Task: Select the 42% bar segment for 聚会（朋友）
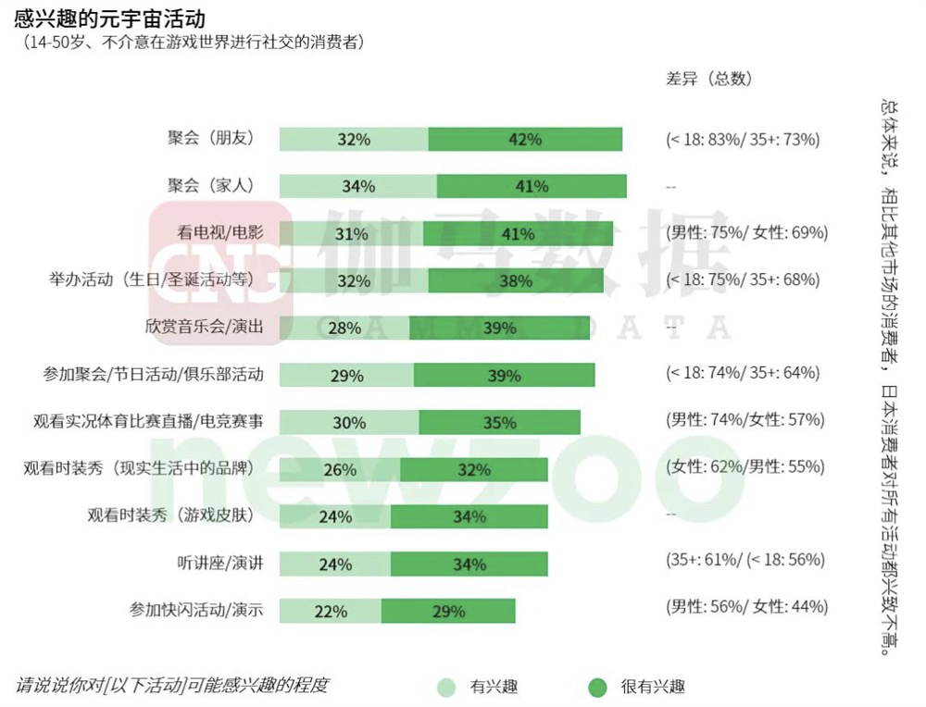[525, 140]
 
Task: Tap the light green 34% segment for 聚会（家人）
[358, 186]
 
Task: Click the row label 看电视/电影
[220, 232]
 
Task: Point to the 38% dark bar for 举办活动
[513, 280]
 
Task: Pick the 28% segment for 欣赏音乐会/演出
[344, 328]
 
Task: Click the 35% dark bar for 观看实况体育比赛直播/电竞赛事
[499, 422]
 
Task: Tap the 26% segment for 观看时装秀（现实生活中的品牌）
[340, 469]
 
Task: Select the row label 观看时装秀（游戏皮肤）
[169, 515]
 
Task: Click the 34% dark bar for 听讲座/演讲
[469, 564]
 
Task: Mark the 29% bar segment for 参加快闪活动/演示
[448, 611]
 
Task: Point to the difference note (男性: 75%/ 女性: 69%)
[746, 232]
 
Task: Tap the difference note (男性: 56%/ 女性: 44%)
[746, 607]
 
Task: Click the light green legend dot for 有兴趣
[446, 687]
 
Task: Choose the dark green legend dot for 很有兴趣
[597, 687]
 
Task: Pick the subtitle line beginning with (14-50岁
[194, 42]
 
